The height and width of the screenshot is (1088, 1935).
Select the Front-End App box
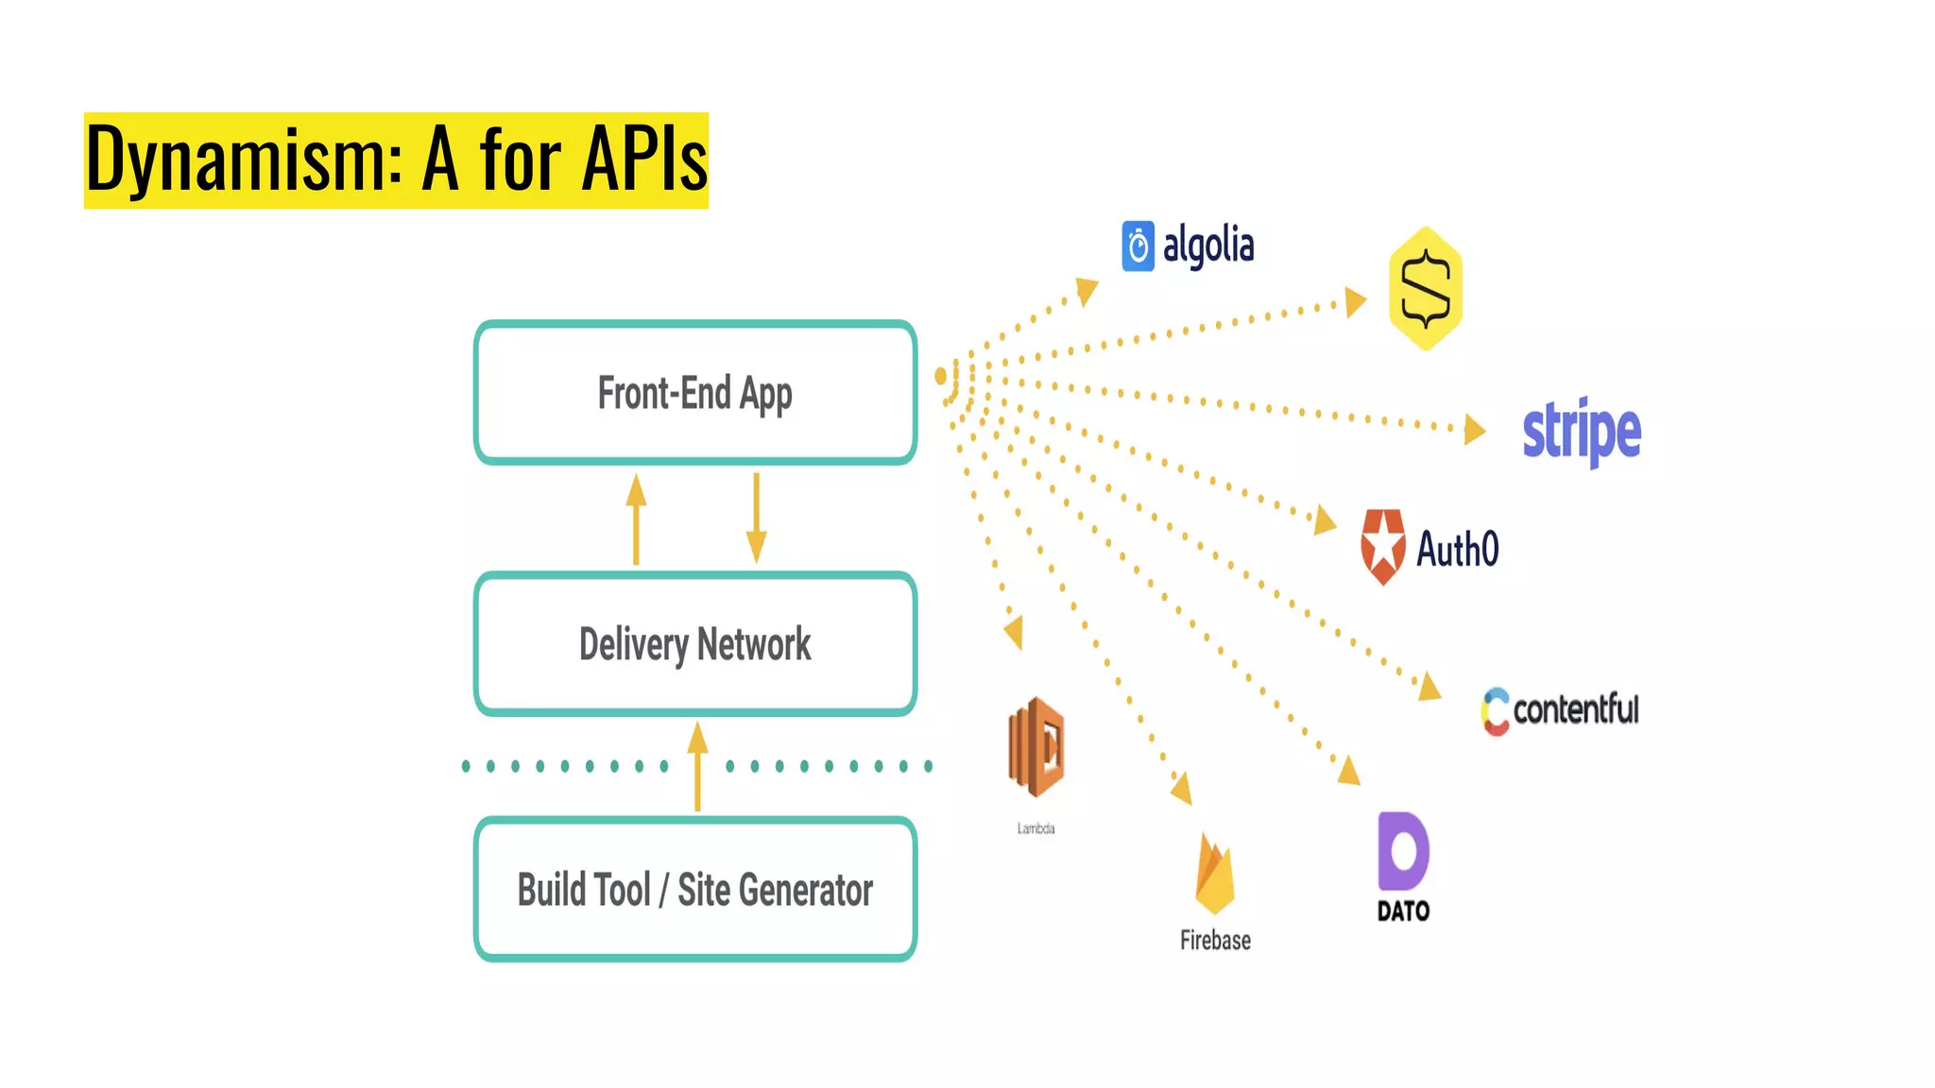point(695,393)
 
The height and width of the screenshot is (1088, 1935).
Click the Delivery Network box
point(695,644)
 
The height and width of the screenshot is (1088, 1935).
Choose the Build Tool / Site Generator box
point(695,890)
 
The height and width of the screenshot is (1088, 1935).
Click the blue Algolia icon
point(1138,246)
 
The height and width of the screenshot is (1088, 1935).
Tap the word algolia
point(1208,246)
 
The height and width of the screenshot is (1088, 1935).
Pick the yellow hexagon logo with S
point(1426,289)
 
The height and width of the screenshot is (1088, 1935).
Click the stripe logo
point(1582,432)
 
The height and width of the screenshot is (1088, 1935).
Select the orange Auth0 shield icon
point(1383,547)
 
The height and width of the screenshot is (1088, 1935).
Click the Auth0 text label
point(1457,549)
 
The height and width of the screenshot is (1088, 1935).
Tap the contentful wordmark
point(1575,709)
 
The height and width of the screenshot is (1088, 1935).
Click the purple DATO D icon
point(1403,851)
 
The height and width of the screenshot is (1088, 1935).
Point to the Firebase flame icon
point(1215,875)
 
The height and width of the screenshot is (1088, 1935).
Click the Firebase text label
point(1215,940)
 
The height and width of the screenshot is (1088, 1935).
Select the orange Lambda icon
point(1036,747)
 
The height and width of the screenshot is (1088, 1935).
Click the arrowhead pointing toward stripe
point(1474,430)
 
